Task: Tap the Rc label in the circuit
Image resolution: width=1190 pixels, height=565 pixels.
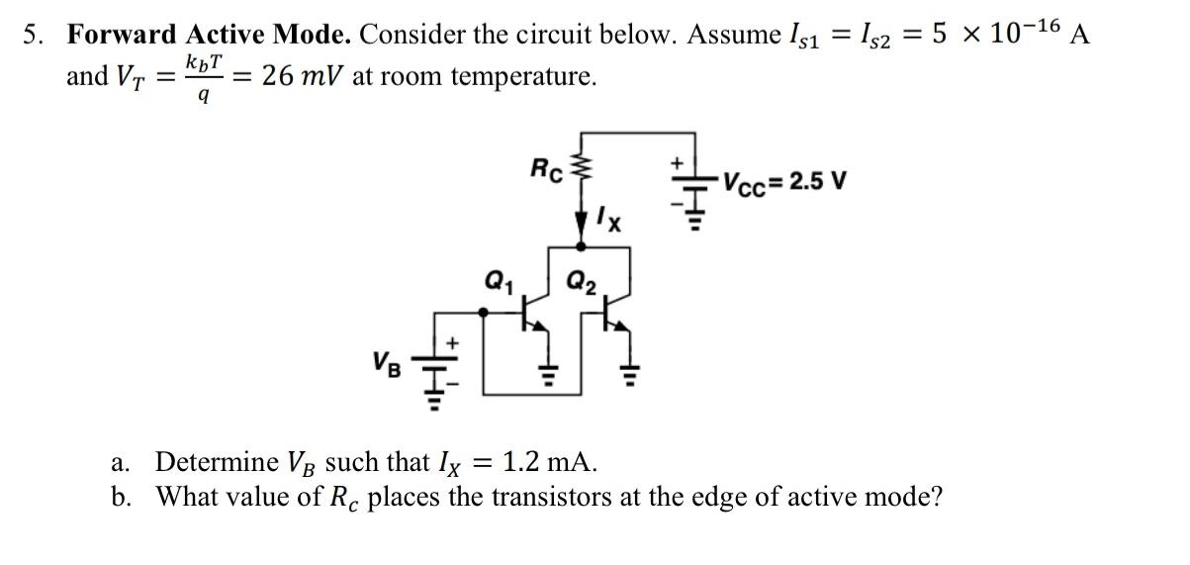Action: pyautogui.click(x=547, y=170)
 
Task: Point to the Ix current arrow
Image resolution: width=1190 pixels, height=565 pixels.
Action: pyautogui.click(x=582, y=224)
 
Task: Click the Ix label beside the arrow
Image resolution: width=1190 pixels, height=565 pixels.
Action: pyautogui.click(x=608, y=219)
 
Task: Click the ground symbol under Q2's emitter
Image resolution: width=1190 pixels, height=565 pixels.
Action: pyautogui.click(x=627, y=373)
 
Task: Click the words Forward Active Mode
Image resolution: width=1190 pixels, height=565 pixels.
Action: pyautogui.click(x=208, y=34)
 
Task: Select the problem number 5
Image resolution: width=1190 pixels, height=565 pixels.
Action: pyautogui.click(x=34, y=35)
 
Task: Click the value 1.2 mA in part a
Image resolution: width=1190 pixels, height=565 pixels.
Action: pyautogui.click(x=549, y=461)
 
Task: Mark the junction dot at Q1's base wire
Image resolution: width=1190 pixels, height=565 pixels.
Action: pyautogui.click(x=482, y=311)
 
